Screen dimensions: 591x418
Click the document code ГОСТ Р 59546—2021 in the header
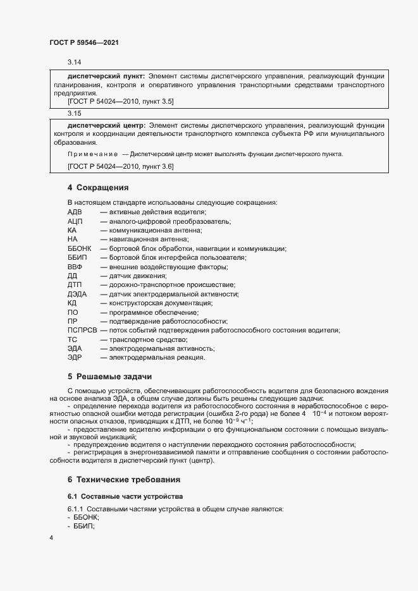tap(83, 42)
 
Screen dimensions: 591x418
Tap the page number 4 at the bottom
tap(51, 538)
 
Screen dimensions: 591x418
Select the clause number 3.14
tap(74, 62)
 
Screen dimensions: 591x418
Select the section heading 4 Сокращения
tap(98, 188)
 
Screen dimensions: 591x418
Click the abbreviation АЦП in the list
tap(75, 221)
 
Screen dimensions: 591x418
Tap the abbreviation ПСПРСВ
tap(82, 331)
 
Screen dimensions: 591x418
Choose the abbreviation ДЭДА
tap(77, 294)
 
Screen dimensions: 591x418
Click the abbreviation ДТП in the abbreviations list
tap(75, 285)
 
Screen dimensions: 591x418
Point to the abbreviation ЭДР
tap(75, 358)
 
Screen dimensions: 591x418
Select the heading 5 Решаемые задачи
tap(106, 376)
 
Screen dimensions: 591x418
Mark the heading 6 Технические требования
tap(124, 479)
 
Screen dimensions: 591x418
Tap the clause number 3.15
tap(74, 113)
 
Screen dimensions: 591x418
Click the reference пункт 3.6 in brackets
tap(156, 166)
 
